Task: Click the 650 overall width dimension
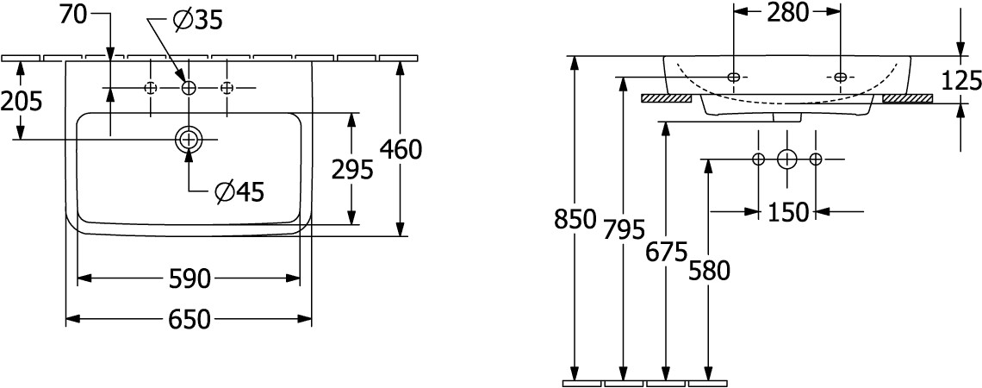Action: point(190,320)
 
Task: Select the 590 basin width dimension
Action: point(190,278)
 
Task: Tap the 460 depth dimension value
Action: point(401,149)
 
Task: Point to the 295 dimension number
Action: point(352,169)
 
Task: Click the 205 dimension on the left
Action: point(22,100)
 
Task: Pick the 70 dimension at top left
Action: point(74,16)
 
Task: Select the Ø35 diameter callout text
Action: point(198,22)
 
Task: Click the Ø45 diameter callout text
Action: point(239,191)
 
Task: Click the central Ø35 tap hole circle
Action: point(189,89)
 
